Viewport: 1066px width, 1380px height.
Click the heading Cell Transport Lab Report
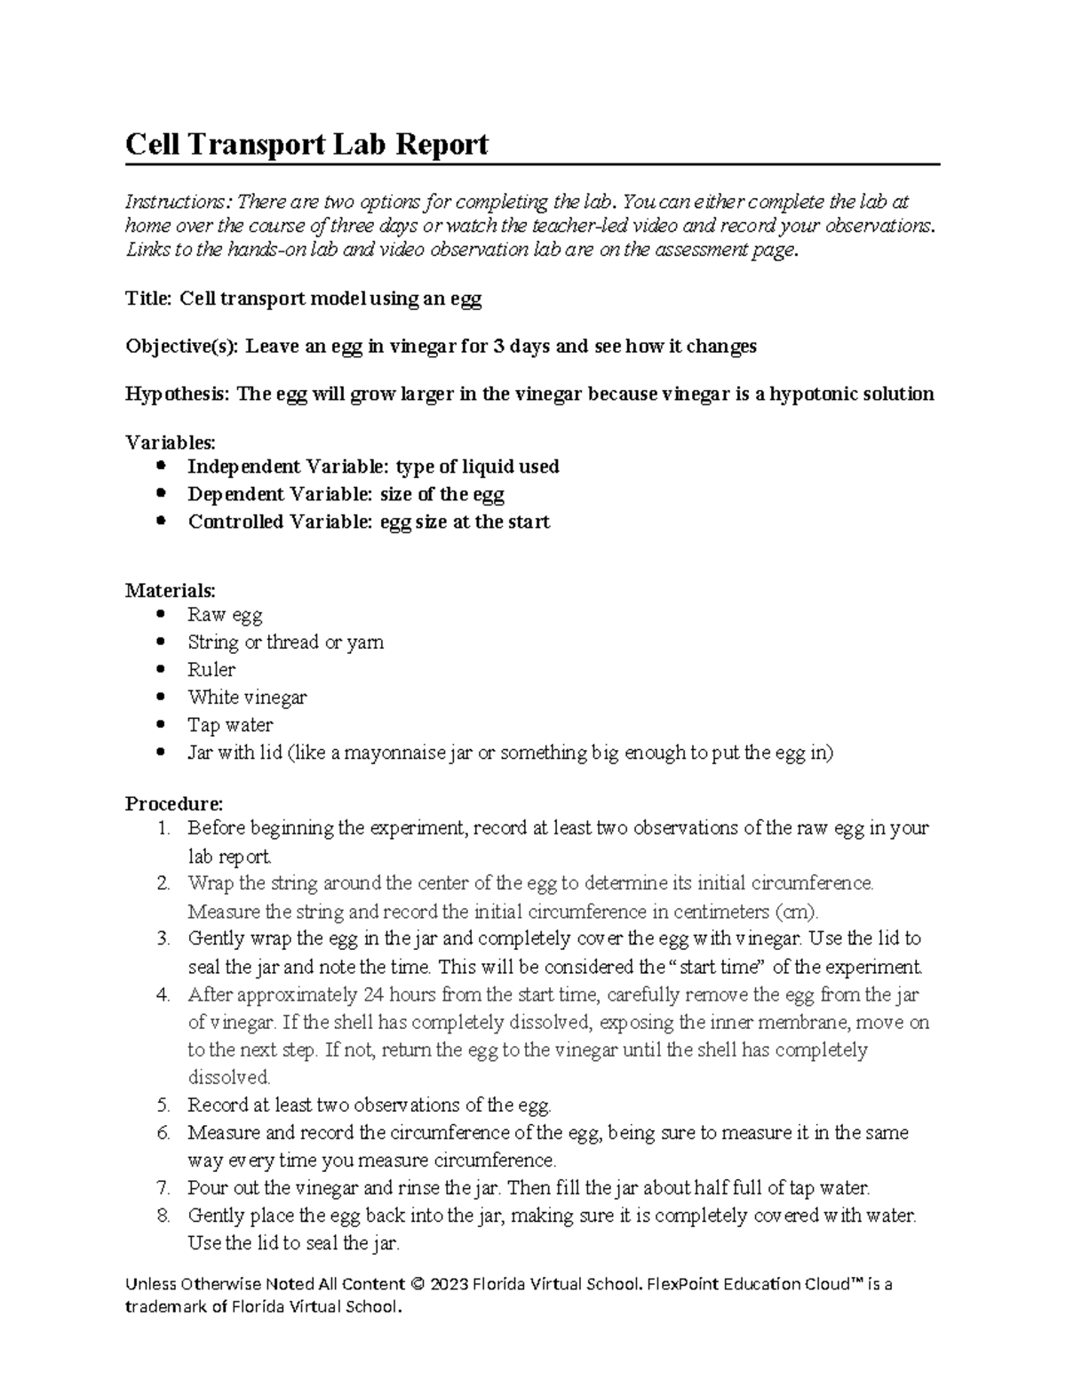coord(306,144)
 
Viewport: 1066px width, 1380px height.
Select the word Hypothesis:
coord(178,394)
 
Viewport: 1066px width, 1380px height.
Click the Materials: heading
coord(170,590)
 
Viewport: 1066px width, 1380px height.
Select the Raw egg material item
coord(224,615)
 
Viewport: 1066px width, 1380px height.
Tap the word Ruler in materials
coord(211,670)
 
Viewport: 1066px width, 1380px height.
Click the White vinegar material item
coord(246,698)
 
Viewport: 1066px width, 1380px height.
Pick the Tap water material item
coord(229,725)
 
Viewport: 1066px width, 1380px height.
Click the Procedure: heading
coord(174,804)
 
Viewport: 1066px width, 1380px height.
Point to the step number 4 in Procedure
coord(162,995)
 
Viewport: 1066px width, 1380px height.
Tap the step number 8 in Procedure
coord(162,1216)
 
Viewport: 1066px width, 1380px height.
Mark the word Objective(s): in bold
coord(181,347)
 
